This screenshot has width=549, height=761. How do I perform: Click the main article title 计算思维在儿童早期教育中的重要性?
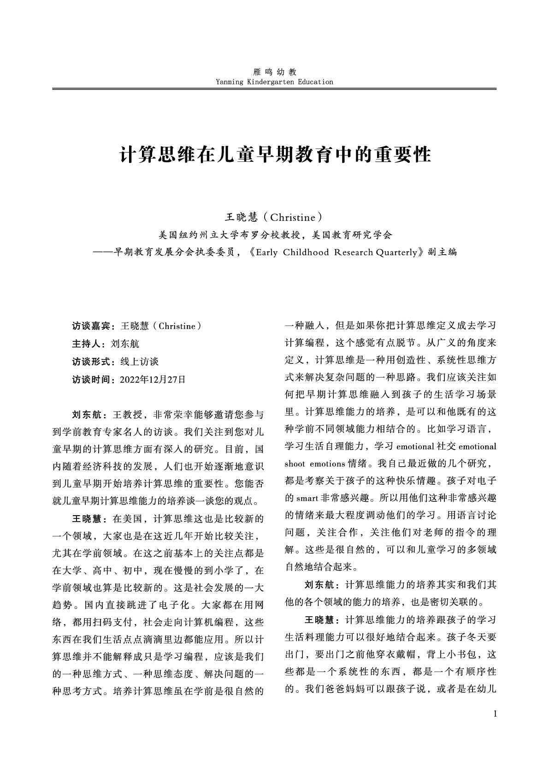[275, 155]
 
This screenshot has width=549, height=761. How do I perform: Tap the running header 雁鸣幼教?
[275, 72]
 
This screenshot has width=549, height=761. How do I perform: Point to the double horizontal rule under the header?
[275, 89]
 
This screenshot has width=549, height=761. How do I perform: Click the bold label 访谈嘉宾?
[91, 326]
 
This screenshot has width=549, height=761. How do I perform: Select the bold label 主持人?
[86, 344]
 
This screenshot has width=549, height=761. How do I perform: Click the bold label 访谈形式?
[91, 362]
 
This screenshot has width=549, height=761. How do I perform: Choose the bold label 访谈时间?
[91, 380]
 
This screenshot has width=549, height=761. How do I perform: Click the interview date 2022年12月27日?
[153, 380]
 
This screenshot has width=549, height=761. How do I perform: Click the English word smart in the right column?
[307, 499]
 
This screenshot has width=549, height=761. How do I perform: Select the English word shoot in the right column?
[295, 464]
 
